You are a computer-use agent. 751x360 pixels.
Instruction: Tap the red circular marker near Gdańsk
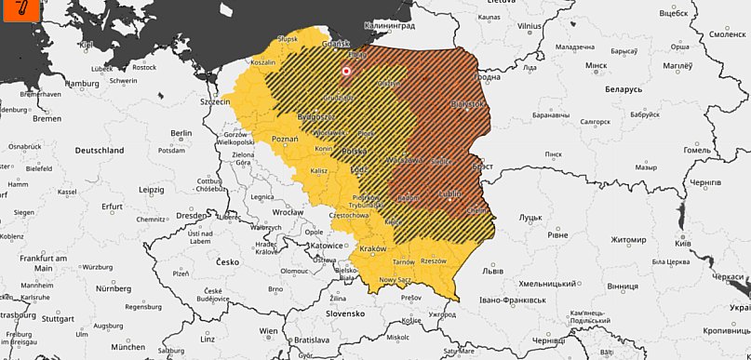pos(346,71)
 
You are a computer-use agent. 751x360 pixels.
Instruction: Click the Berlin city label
pos(181,133)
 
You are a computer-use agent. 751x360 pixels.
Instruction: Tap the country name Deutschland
pos(99,150)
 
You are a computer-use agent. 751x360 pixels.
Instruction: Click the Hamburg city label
pos(82,83)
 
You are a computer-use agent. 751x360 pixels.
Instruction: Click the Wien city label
pos(269,330)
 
